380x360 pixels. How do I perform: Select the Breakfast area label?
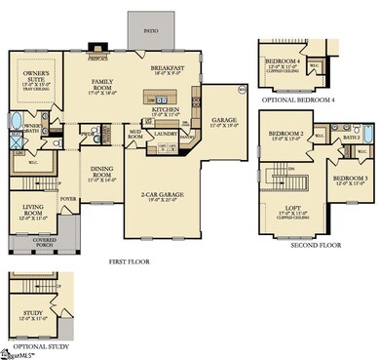168,69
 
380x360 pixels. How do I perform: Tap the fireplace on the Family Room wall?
96,44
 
